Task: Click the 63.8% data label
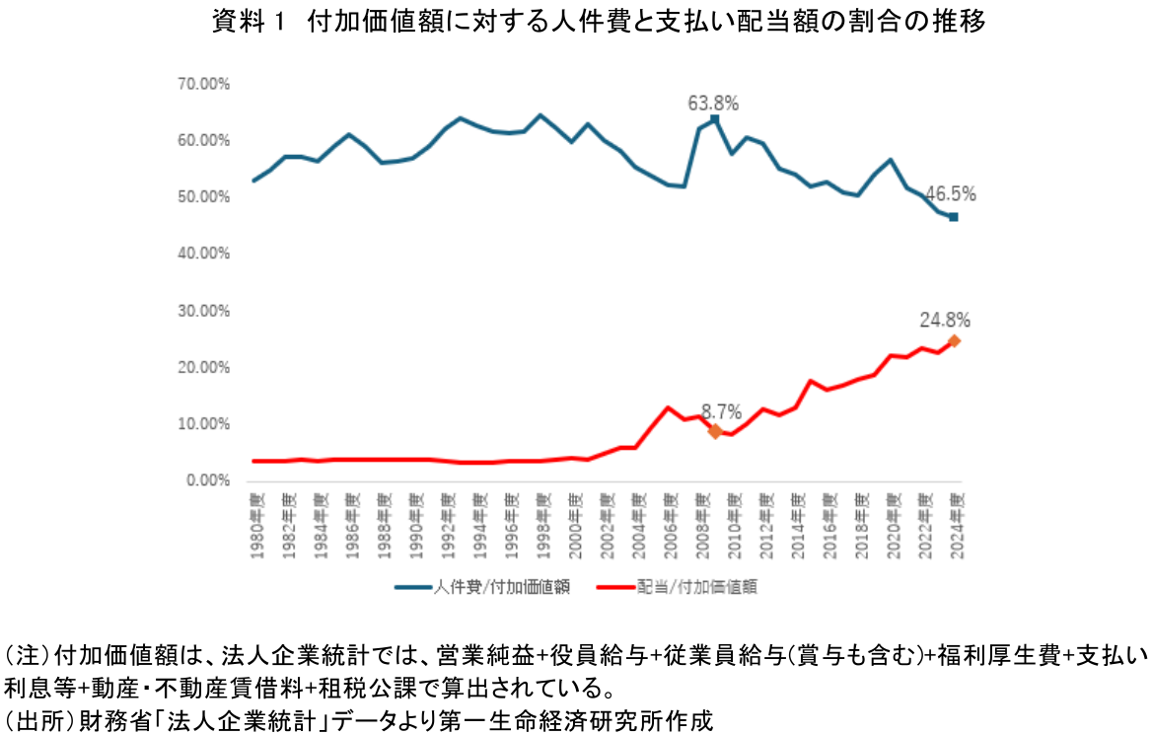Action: [x=714, y=103]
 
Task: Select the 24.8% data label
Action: [x=946, y=320]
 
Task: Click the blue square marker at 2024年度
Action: [x=953, y=217]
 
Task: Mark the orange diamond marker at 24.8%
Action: [x=954, y=341]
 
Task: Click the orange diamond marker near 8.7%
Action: [x=715, y=431]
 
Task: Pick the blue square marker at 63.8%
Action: [x=715, y=119]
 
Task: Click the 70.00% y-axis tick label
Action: [x=203, y=84]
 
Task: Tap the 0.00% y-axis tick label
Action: [x=206, y=481]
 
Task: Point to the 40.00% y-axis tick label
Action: [x=203, y=254]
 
